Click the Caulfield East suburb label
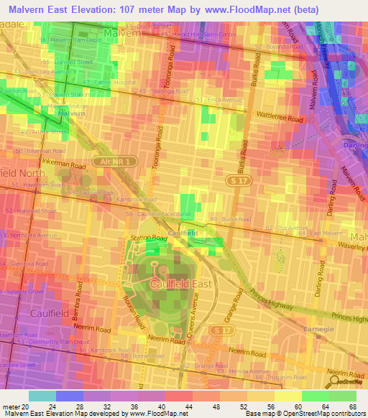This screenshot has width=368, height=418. click(x=180, y=284)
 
